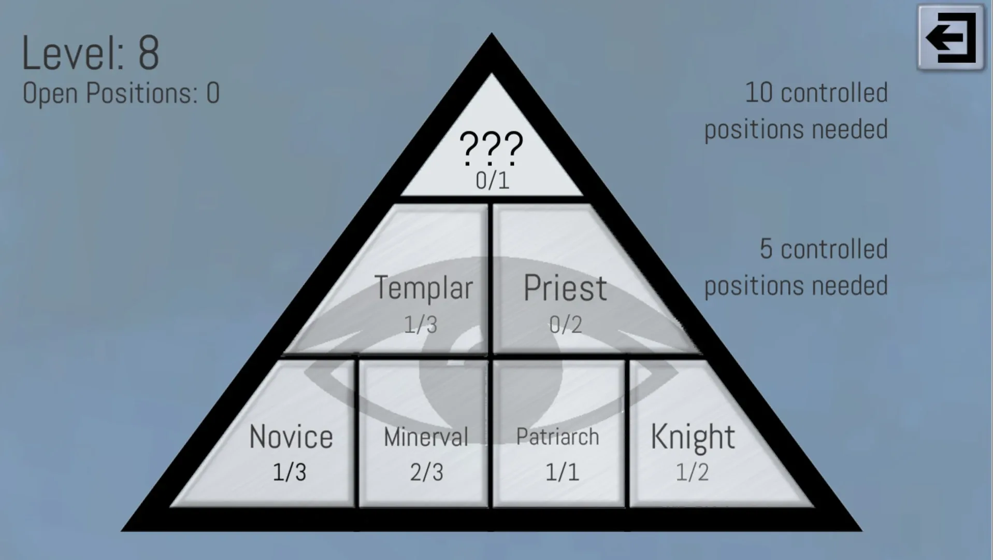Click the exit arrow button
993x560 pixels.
tap(950, 37)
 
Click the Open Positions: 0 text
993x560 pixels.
tap(121, 93)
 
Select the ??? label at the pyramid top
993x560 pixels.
tap(491, 147)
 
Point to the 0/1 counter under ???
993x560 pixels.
tap(492, 180)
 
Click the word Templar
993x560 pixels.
tap(423, 288)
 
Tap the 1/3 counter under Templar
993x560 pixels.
tap(421, 325)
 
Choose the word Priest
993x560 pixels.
tap(565, 288)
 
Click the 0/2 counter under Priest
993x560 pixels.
tap(565, 325)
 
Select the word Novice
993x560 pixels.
tap(291, 437)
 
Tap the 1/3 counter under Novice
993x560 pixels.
tap(290, 472)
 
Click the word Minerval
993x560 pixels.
tap(426, 437)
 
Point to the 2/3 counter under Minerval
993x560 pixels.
tap(426, 472)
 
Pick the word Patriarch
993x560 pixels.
tap(557, 437)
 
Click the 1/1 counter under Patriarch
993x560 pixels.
tap(562, 472)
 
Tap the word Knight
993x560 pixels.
tap(693, 437)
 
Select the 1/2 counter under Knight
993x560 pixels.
tap(692, 472)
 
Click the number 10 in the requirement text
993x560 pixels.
tap(759, 93)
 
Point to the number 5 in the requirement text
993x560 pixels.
tap(766, 249)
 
